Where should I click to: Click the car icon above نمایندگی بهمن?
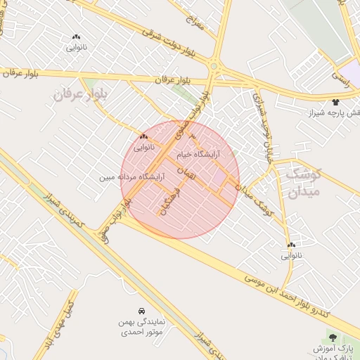coord(141,311)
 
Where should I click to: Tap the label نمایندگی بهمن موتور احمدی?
coord(141,326)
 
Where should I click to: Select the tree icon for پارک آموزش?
coord(333,339)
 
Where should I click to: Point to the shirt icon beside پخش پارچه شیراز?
coord(335,102)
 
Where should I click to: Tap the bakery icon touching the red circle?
coord(143,136)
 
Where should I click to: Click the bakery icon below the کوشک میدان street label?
coord(290,245)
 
